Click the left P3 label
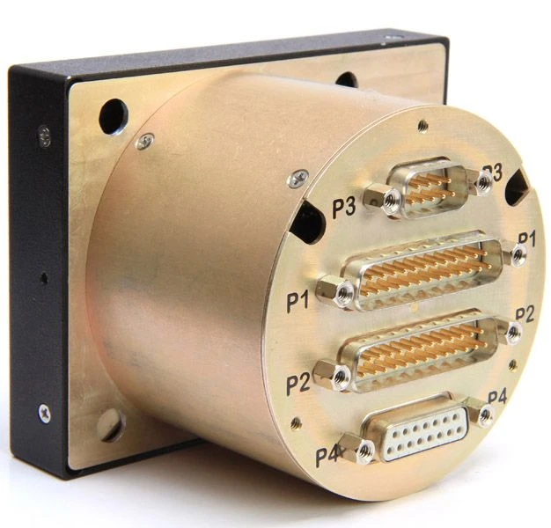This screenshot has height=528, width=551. coord(344,208)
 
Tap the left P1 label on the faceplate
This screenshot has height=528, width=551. coord(298,302)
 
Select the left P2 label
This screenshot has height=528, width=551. coord(298,384)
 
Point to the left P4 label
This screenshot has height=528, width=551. coord(327,457)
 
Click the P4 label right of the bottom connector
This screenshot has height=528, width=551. coord(497,397)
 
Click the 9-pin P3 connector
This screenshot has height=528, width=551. coord(427,187)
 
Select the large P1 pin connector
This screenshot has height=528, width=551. coord(422,271)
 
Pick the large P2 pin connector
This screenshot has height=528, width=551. coord(418,350)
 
